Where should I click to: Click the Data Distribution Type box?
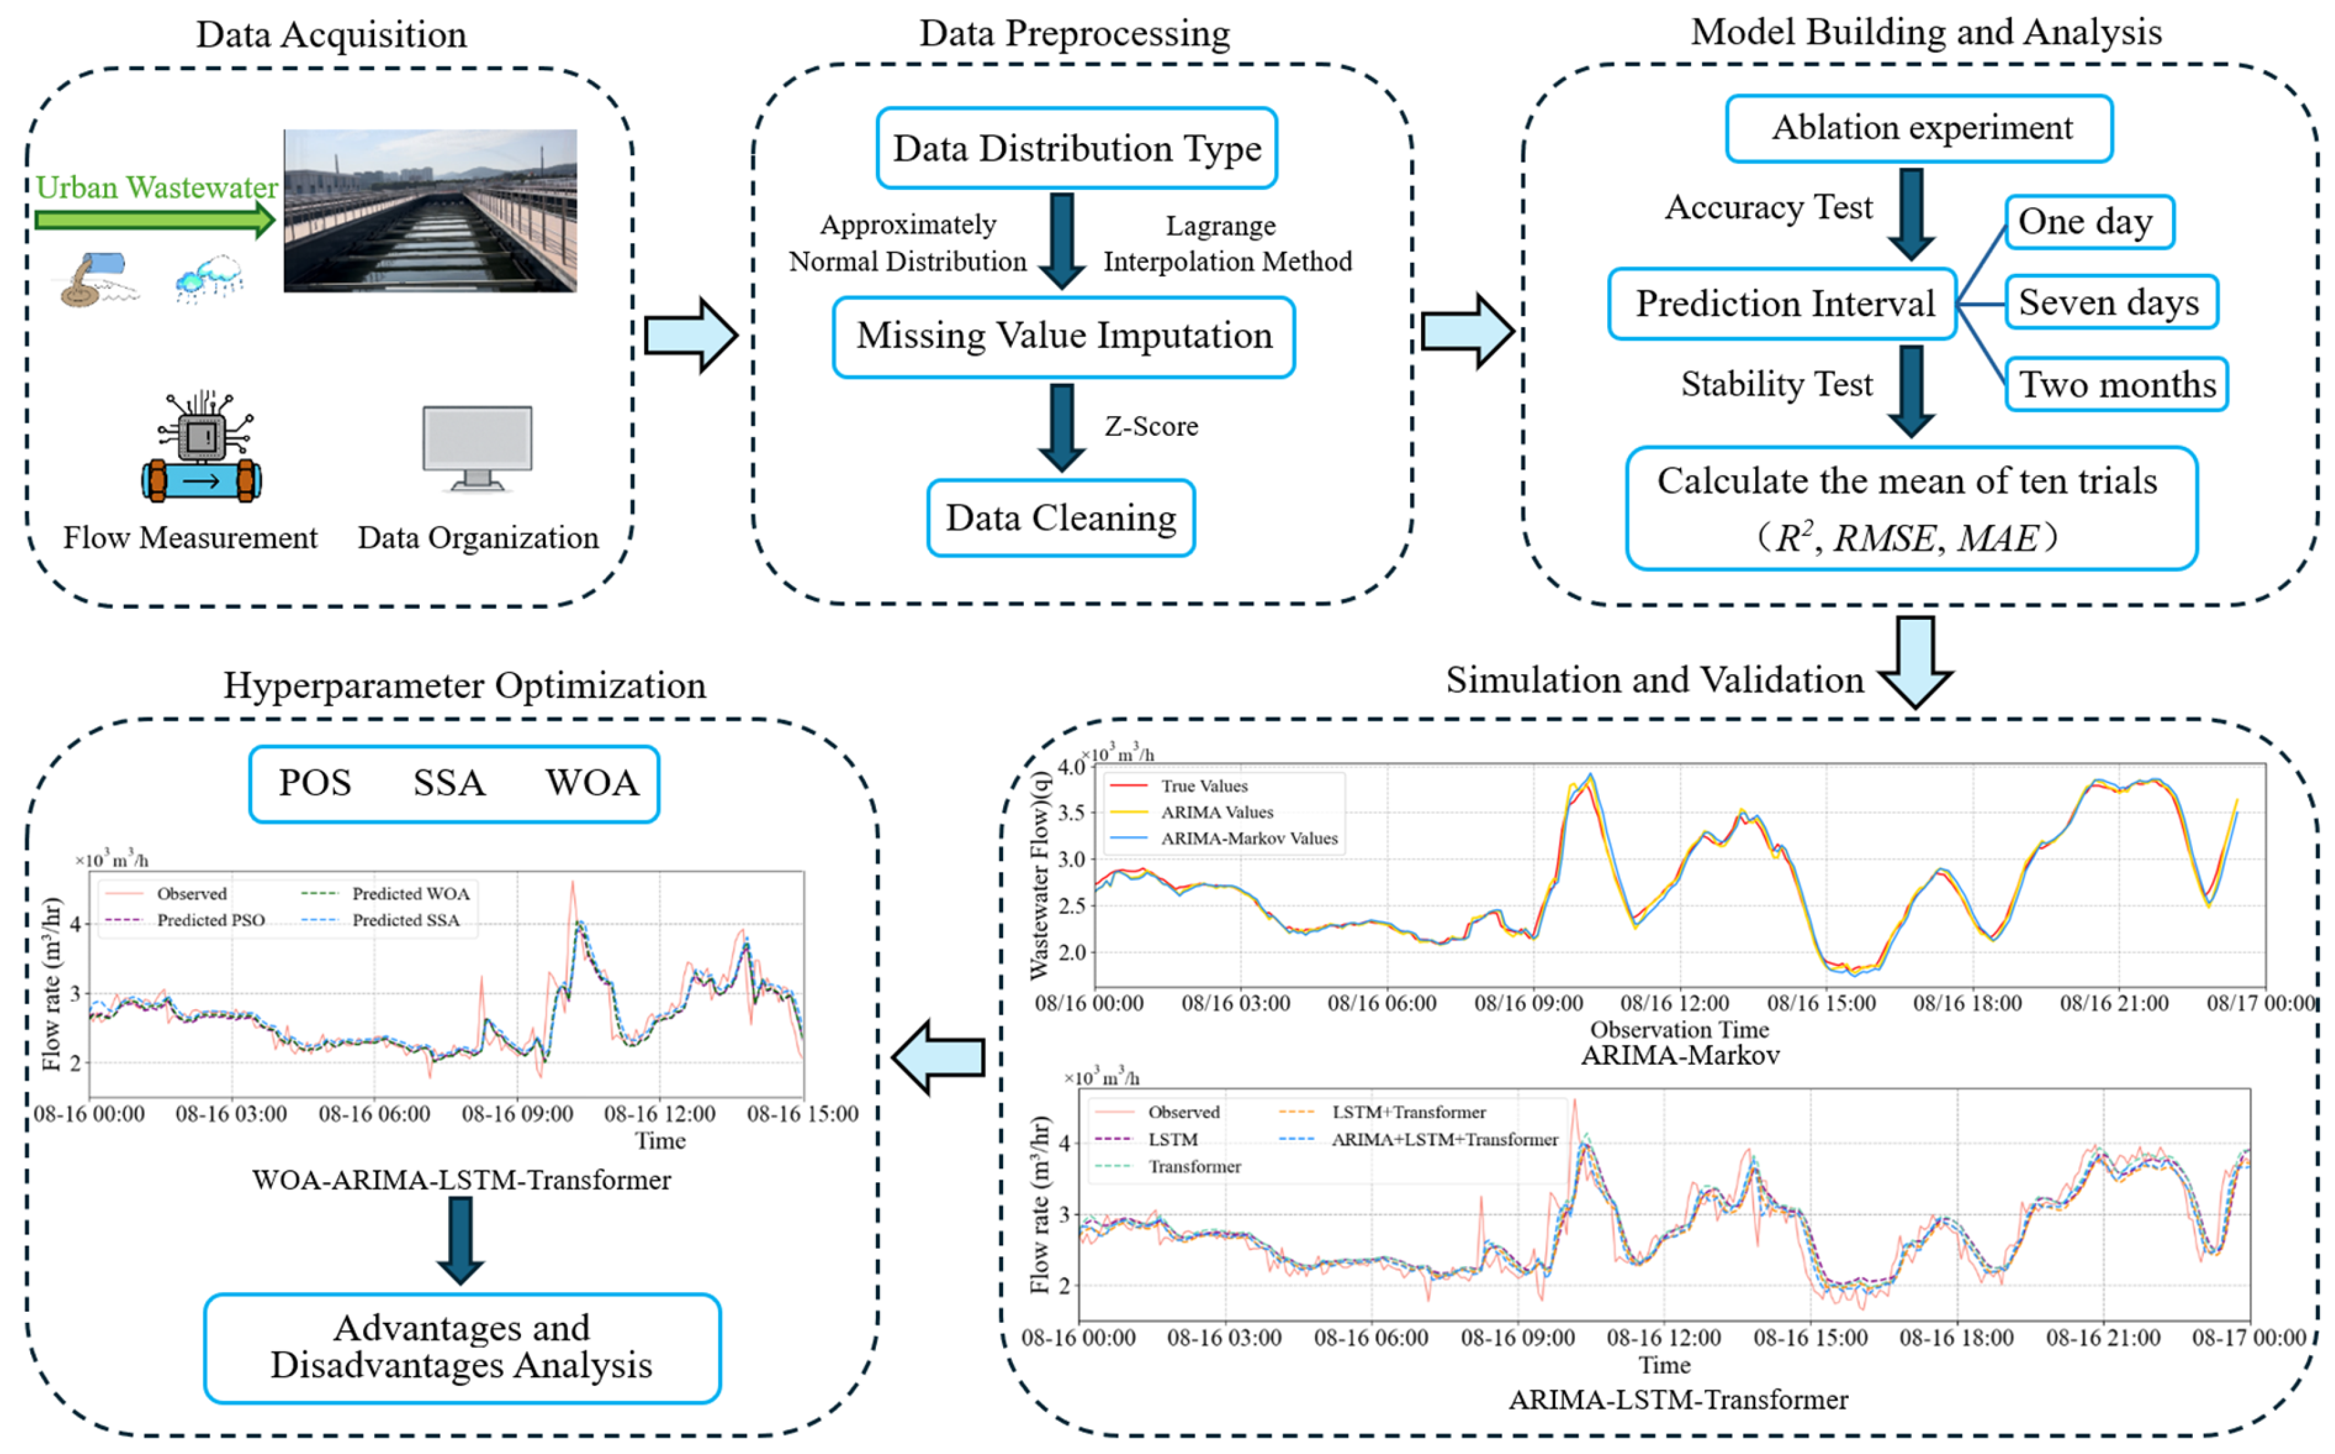1076,148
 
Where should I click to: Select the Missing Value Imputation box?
1063,335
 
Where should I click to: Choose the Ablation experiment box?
1919,128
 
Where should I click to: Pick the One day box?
2088,222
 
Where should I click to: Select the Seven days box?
2111,303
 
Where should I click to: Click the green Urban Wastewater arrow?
155,220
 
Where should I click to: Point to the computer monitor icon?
477,446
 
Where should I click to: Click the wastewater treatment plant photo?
430,210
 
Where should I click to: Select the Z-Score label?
1150,426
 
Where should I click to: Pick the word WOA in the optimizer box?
592,783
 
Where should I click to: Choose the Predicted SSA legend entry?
405,920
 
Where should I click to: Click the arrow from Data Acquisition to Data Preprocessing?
691,335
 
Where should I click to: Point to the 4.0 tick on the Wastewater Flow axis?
1070,767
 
